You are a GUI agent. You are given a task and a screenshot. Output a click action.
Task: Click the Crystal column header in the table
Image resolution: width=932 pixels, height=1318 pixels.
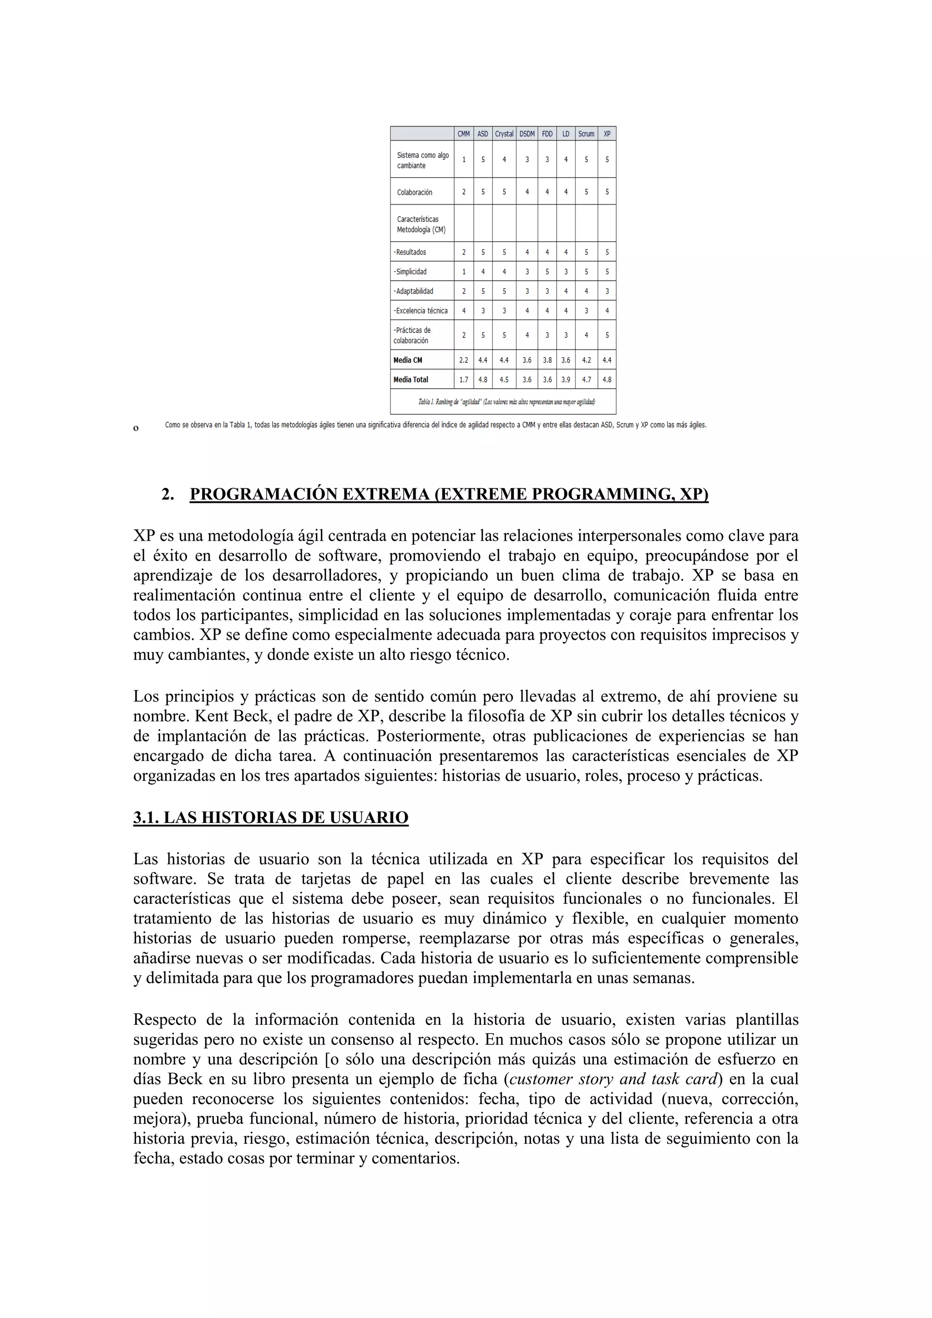(x=504, y=134)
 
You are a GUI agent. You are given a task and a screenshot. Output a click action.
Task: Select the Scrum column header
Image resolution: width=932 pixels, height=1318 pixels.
(x=586, y=134)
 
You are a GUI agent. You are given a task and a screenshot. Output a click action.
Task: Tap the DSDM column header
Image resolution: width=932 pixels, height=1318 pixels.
(x=527, y=134)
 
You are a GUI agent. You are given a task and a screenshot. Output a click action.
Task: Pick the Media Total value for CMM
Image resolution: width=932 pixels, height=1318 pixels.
(x=464, y=380)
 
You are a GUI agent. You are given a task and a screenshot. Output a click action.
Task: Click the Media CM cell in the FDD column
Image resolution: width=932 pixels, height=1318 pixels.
(x=547, y=360)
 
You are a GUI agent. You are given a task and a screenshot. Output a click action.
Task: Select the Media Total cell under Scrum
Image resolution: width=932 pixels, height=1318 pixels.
(x=586, y=380)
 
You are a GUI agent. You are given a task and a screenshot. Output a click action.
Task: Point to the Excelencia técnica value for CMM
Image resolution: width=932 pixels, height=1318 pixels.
(x=464, y=310)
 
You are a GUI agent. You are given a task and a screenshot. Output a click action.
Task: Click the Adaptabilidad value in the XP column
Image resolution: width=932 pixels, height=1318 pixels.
(x=607, y=291)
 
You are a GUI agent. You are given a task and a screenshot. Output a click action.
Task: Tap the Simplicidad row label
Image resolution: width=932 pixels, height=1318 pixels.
(x=410, y=272)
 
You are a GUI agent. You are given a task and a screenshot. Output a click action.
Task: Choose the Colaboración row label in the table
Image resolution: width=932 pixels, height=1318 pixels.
(x=415, y=193)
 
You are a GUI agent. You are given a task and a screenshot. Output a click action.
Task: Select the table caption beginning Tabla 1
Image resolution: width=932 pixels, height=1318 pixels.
(x=506, y=402)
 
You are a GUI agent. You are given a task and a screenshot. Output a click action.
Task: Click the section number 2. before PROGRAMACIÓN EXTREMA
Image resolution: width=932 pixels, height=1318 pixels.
(x=167, y=494)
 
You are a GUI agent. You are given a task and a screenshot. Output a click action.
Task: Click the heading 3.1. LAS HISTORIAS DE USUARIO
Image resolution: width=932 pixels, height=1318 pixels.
(x=270, y=817)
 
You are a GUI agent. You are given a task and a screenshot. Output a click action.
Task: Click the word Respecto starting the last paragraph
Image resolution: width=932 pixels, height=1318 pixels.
(x=165, y=1019)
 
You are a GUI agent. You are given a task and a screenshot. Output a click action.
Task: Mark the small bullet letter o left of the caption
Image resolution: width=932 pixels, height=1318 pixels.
(x=136, y=428)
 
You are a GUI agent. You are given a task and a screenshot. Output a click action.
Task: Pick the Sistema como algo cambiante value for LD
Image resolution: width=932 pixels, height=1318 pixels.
(x=565, y=160)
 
